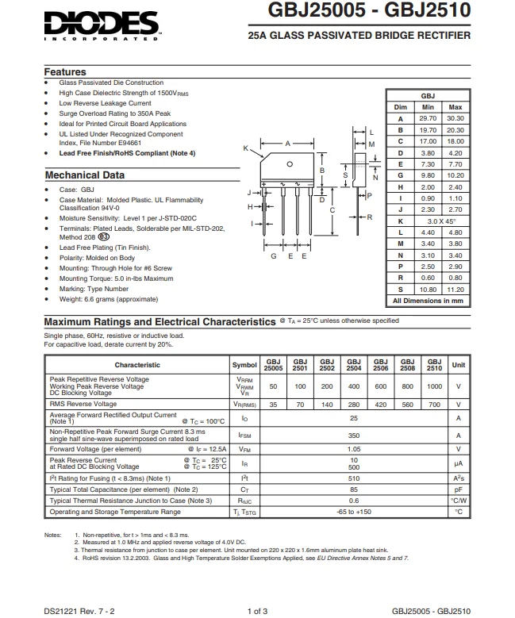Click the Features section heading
pos(65,72)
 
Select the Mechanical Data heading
pos(85,175)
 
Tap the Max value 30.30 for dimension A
pos(455,118)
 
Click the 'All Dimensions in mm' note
pos(428,301)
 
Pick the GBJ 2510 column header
pos(434,365)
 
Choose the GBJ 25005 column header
pos(273,365)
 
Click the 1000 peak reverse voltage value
pos(434,386)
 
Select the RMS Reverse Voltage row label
pos(83,405)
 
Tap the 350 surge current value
pos(354,436)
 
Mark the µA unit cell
pos(458,463)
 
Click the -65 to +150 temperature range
pos(354,512)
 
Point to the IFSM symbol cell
pos(244,436)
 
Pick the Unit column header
pos(458,365)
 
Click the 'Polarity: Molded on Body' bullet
pos(97,258)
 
